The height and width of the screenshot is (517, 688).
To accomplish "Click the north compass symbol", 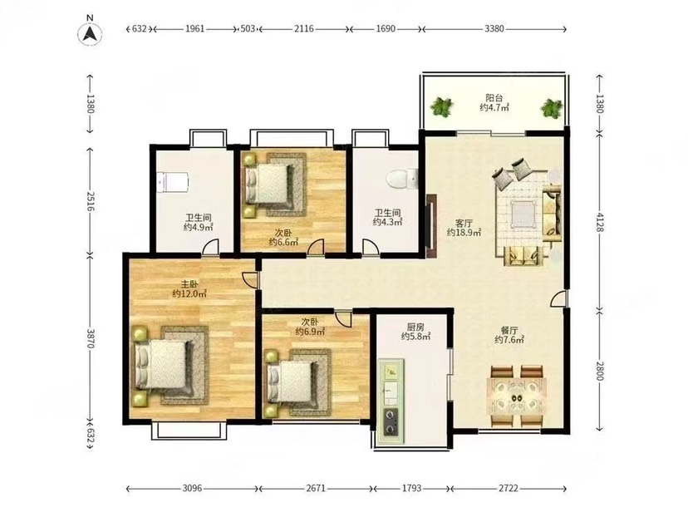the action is click(x=91, y=33).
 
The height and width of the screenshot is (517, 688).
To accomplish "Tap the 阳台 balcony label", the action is click(x=494, y=97).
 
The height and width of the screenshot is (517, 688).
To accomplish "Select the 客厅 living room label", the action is click(x=464, y=223).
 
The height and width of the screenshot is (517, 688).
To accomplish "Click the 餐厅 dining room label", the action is click(x=509, y=330).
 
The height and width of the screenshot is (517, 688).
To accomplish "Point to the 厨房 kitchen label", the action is click(x=415, y=327).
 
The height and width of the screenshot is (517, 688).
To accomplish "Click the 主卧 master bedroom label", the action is click(x=189, y=284).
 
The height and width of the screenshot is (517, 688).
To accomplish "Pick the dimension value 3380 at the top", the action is click(x=494, y=29).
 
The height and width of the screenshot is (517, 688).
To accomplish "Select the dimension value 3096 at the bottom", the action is click(x=192, y=488).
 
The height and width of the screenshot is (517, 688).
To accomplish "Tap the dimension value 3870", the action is click(x=91, y=338).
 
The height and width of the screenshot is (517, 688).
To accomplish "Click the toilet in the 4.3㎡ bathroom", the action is click(x=401, y=179).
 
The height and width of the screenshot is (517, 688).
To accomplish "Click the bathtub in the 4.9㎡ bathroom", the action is click(x=173, y=181).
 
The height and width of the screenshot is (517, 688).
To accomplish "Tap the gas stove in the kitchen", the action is click(x=391, y=421).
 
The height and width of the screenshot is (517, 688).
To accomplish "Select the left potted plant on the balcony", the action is click(x=441, y=107).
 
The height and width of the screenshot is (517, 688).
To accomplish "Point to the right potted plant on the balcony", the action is click(x=551, y=107).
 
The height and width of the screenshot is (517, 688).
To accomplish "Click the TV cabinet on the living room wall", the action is click(x=431, y=226).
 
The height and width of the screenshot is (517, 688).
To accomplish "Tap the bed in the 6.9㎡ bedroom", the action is click(x=291, y=382).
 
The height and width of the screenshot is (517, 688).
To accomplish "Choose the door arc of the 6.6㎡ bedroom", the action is click(x=316, y=247).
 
